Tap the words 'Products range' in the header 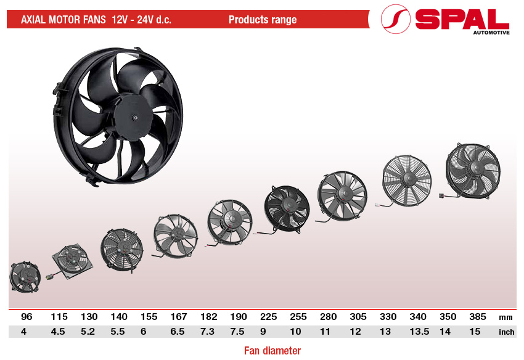263,20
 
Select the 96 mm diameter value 27,317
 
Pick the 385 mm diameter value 478,317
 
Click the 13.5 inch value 417,332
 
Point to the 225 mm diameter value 268,317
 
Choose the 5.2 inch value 89,332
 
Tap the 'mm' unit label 506,317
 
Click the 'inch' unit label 506,332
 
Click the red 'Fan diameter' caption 272,351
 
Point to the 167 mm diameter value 179,317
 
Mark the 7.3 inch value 209,332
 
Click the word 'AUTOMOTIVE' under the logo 491,33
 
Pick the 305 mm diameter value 358,317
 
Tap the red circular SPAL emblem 396,20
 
